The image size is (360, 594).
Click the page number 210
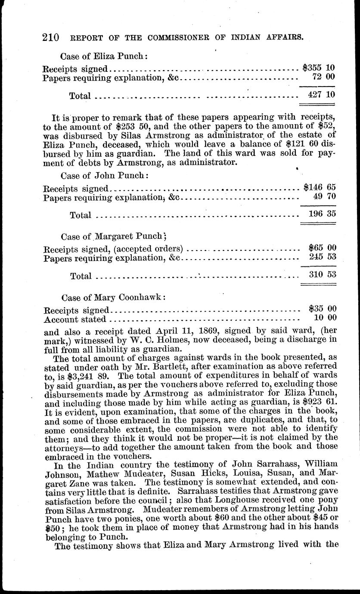point(51,37)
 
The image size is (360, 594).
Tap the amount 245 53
point(323,257)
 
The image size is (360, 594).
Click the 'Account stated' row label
point(74,319)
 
